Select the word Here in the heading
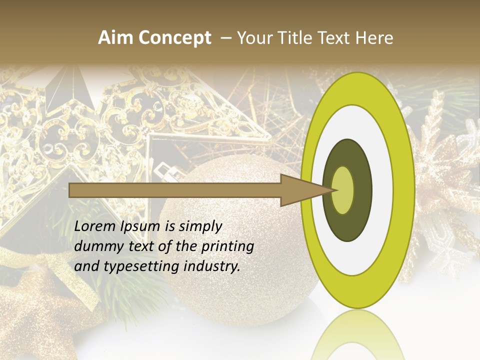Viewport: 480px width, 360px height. point(374,38)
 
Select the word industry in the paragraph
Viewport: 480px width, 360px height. point(212,266)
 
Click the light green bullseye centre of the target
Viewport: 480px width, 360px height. point(342,190)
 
